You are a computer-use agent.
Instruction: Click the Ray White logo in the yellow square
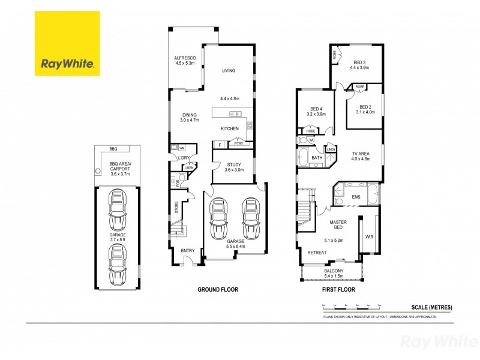(x=67, y=63)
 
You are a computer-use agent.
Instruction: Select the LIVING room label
(x=228, y=70)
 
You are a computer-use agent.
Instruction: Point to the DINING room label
(x=189, y=115)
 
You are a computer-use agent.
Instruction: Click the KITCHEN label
(x=230, y=128)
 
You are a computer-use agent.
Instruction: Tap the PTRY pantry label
(x=239, y=144)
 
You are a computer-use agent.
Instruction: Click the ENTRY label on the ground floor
(x=187, y=251)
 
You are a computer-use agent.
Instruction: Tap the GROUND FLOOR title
(x=218, y=290)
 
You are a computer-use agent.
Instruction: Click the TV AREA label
(x=361, y=154)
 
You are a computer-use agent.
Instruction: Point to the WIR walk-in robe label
(x=368, y=236)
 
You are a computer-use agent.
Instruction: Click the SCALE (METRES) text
(x=432, y=307)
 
